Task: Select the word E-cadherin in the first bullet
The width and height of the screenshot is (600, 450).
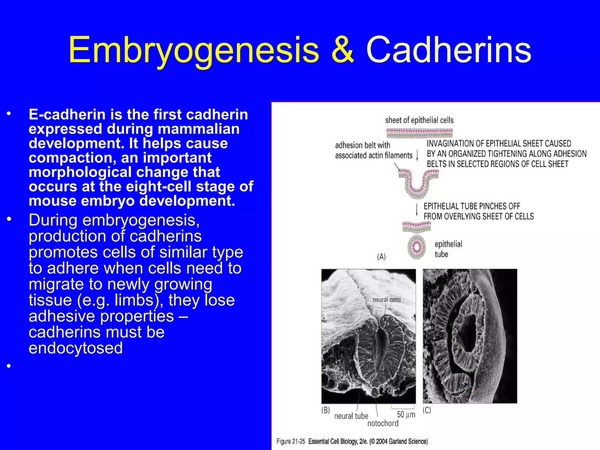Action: (x=67, y=115)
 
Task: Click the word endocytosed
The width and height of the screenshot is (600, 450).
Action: (x=76, y=348)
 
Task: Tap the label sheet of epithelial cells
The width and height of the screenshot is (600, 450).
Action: (x=419, y=120)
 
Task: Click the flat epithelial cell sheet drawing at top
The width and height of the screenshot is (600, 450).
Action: (x=419, y=133)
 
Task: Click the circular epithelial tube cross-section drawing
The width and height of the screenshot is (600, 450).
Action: (x=416, y=247)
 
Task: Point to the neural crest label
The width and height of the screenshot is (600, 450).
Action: (x=386, y=300)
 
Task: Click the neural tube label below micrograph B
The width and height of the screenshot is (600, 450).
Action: (x=351, y=416)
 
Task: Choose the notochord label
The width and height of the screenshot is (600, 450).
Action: (x=383, y=423)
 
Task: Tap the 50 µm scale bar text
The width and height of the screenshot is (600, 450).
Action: (x=406, y=415)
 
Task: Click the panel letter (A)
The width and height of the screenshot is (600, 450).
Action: (x=381, y=257)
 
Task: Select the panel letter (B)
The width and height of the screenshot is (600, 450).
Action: (x=325, y=410)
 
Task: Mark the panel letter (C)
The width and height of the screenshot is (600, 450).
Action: (x=427, y=410)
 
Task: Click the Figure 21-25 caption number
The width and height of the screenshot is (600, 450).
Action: (x=291, y=442)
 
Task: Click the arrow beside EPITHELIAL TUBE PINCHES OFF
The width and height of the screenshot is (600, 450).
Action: (x=417, y=210)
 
